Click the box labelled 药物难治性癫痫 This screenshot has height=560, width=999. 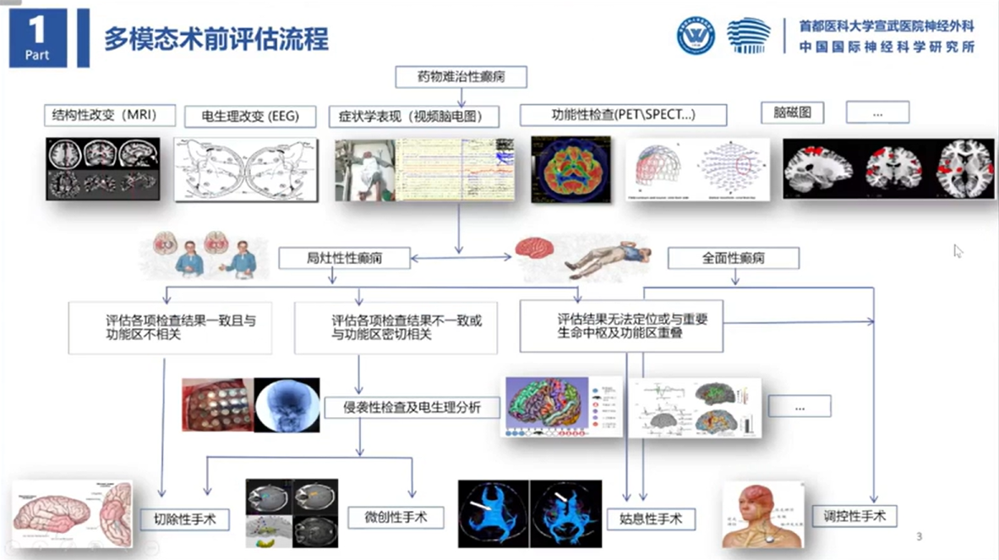click(x=461, y=77)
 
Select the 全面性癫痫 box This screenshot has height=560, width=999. click(x=733, y=257)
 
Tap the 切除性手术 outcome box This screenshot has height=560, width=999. click(x=183, y=519)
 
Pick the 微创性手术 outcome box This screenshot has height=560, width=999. click(x=396, y=517)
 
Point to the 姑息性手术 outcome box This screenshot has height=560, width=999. click(x=651, y=519)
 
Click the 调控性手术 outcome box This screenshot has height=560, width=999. click(x=854, y=514)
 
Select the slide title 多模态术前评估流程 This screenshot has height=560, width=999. click(x=216, y=39)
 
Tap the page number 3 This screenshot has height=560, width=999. click(x=920, y=536)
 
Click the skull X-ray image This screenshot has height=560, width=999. click(x=287, y=404)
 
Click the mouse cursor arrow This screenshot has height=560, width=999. click(x=958, y=250)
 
